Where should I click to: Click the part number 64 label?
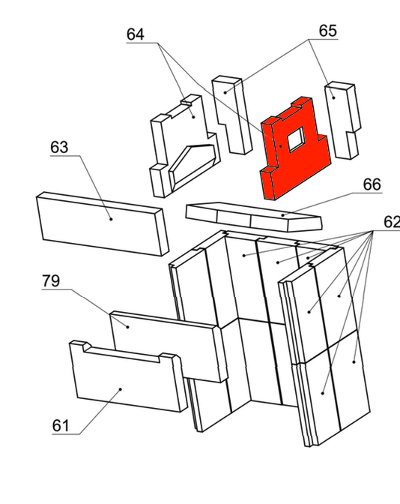(x=135, y=34)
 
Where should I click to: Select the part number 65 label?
(x=328, y=31)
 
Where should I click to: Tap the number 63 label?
(x=59, y=147)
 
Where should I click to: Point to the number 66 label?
(x=372, y=184)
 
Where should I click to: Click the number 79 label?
(x=51, y=281)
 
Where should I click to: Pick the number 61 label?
(x=61, y=426)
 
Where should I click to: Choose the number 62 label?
(x=392, y=222)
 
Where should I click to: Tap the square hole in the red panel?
(x=296, y=139)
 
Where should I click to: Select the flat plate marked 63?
(x=102, y=223)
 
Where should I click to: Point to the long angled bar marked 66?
(x=254, y=216)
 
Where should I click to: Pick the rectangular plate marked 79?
(x=169, y=346)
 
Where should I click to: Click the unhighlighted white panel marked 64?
(x=184, y=146)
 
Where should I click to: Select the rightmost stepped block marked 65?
(x=343, y=120)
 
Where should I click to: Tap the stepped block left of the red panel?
(x=231, y=115)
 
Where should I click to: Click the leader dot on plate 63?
(x=111, y=219)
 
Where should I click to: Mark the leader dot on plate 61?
(x=121, y=389)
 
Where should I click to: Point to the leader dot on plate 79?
(x=128, y=327)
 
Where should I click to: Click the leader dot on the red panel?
(x=281, y=146)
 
